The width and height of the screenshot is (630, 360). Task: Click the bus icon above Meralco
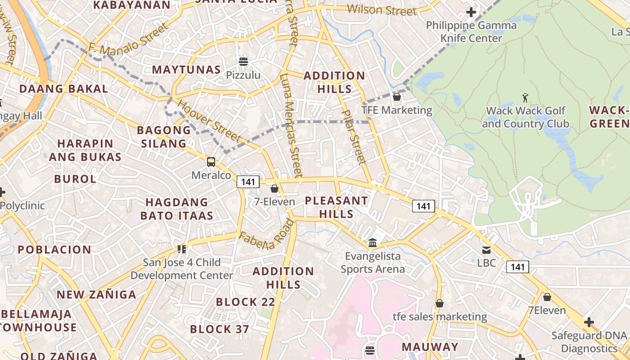coord(211,162)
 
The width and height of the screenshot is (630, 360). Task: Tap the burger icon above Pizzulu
coord(243,61)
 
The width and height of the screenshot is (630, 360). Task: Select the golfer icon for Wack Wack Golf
coord(525,97)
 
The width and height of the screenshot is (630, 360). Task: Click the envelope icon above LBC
coord(486,250)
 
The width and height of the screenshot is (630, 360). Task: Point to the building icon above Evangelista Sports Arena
coord(373,243)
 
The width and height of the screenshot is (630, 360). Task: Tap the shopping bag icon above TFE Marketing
coord(397,97)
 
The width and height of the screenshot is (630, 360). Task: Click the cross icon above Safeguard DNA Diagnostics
coord(589,322)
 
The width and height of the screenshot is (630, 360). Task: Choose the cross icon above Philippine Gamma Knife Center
coord(471,12)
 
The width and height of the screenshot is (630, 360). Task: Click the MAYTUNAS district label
coord(186,70)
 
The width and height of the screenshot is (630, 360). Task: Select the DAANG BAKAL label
coord(63,89)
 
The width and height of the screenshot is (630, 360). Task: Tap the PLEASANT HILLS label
coord(337,207)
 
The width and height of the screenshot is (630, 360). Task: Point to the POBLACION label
coord(54,250)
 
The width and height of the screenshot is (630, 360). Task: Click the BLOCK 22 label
coord(245,302)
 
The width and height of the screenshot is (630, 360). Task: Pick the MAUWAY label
coord(430,347)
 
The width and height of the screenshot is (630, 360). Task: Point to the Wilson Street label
coord(382,9)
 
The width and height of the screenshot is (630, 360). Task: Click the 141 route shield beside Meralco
coord(248,182)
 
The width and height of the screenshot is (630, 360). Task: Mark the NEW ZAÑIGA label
coord(96,295)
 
